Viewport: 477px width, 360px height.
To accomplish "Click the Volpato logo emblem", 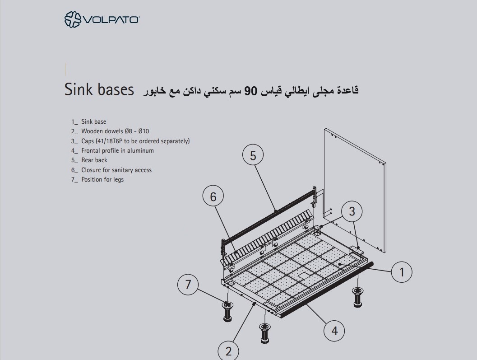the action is point(73,19).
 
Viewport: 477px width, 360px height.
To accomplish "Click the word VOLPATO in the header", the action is point(111,20).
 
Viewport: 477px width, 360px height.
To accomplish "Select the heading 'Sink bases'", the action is point(99,89).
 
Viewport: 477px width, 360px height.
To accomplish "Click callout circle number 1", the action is point(402,271).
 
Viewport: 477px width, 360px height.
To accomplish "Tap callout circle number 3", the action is point(352,211).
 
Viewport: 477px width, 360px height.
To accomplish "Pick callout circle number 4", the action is point(334,331).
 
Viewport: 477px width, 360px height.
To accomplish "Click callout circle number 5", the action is point(253,155).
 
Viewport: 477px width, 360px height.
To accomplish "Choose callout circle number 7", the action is point(188,284).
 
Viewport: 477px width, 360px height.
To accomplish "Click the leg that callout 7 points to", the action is point(227,311).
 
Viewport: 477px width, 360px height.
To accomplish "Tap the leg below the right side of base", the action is point(357,297).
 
